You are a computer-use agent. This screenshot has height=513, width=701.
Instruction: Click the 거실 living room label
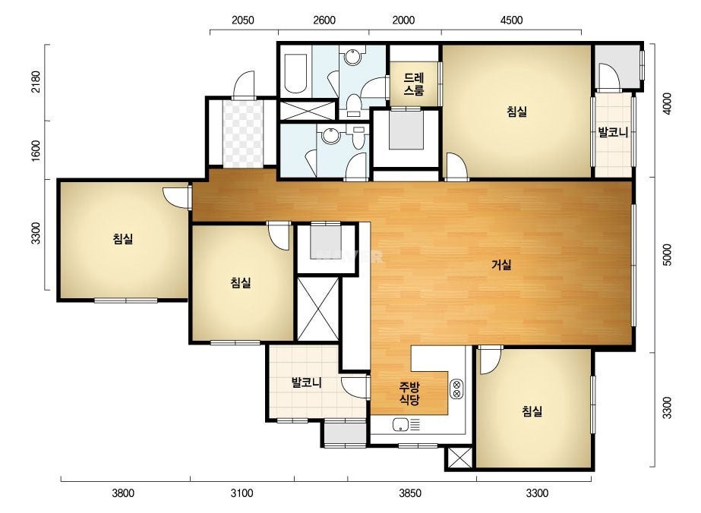(501, 265)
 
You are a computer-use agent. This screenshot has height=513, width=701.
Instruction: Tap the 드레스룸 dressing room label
(413, 84)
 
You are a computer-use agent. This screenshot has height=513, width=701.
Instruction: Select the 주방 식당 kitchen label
(409, 393)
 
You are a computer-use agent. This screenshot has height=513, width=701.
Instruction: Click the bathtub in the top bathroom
(295, 74)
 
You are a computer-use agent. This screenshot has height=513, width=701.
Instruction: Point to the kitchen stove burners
(457, 389)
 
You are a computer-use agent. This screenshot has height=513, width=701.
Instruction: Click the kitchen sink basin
(400, 425)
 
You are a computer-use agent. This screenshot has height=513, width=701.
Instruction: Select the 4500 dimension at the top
(511, 20)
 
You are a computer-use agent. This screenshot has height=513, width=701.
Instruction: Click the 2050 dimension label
(243, 20)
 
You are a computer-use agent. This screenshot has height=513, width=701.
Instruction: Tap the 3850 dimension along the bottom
(410, 493)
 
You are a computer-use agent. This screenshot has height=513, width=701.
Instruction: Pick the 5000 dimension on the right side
(667, 255)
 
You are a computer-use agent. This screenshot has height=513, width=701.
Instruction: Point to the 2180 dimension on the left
(36, 82)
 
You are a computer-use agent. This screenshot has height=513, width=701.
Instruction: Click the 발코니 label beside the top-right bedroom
(613, 132)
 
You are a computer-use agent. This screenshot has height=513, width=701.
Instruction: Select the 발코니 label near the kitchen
(307, 382)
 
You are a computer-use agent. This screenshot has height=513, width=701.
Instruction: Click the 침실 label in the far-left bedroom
(123, 239)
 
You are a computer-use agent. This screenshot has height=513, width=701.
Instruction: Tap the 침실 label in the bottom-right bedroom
(532, 411)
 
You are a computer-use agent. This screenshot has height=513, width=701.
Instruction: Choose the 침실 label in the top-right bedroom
(516, 112)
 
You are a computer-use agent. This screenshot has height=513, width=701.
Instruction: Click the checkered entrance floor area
(243, 134)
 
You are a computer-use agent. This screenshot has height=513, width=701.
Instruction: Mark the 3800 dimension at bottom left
(123, 493)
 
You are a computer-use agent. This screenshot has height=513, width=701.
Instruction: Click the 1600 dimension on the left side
(36, 151)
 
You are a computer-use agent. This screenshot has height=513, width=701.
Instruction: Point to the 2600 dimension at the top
(324, 20)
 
